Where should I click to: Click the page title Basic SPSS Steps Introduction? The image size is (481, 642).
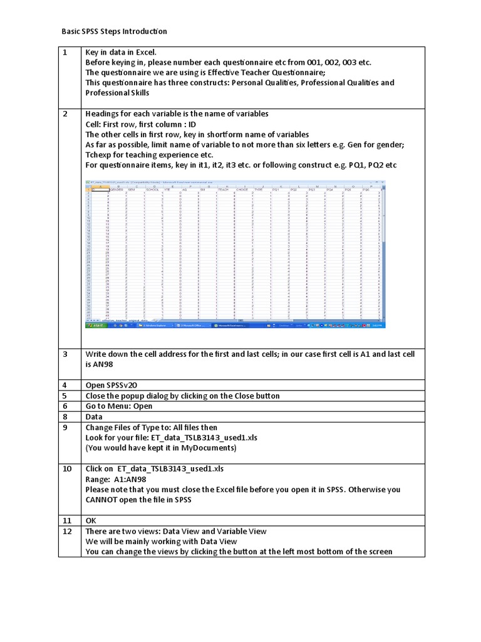point(114,31)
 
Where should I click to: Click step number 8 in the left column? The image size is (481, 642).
point(65,416)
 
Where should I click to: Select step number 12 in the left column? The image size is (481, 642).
point(66,531)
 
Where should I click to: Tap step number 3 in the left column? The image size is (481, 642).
point(65,354)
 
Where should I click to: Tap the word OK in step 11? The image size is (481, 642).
point(91,520)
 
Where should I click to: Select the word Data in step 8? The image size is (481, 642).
point(95,416)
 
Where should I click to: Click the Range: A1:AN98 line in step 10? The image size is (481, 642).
point(118,479)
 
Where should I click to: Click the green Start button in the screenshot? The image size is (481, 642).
point(95,326)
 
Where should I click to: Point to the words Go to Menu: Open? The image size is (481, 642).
point(118,406)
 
